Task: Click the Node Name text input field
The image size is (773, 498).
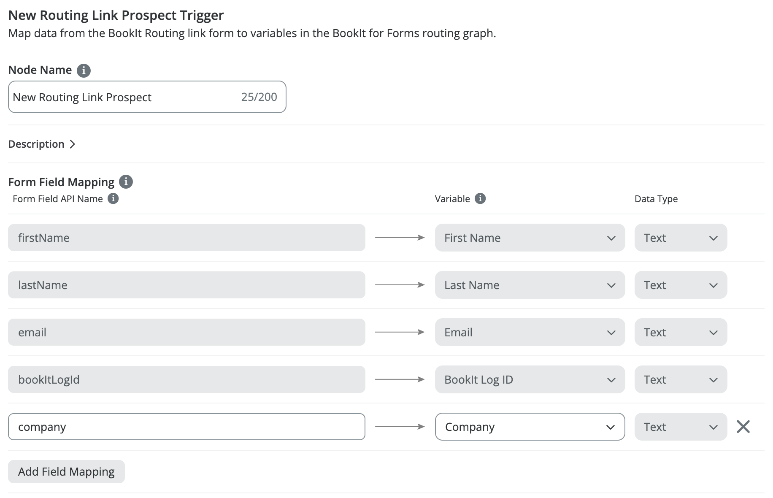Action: pyautogui.click(x=147, y=97)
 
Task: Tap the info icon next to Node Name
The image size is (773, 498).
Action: pyautogui.click(x=84, y=70)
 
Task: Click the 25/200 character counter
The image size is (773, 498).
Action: pyautogui.click(x=259, y=97)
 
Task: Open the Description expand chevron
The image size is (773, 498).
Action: pyautogui.click(x=73, y=144)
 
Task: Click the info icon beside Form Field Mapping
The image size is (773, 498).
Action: pyautogui.click(x=126, y=182)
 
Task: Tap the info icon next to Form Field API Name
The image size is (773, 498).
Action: pyautogui.click(x=113, y=198)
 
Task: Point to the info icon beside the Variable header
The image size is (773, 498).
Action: pyautogui.click(x=480, y=198)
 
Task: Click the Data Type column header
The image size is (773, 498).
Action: pyautogui.click(x=656, y=199)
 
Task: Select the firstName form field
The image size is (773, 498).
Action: pyautogui.click(x=186, y=238)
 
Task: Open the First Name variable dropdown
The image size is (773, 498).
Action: pyautogui.click(x=530, y=238)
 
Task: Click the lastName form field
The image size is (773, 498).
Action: pyautogui.click(x=186, y=285)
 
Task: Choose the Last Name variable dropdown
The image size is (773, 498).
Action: pyautogui.click(x=530, y=285)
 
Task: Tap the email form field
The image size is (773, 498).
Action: pyautogui.click(x=186, y=332)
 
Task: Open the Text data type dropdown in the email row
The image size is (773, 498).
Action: pyautogui.click(x=681, y=332)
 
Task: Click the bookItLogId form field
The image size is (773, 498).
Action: pyautogui.click(x=186, y=379)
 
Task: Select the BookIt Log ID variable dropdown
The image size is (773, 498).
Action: pyautogui.click(x=530, y=379)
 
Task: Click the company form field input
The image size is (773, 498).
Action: pyautogui.click(x=186, y=427)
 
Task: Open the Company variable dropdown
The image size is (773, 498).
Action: pyautogui.click(x=530, y=427)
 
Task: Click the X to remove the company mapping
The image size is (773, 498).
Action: pyautogui.click(x=743, y=427)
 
